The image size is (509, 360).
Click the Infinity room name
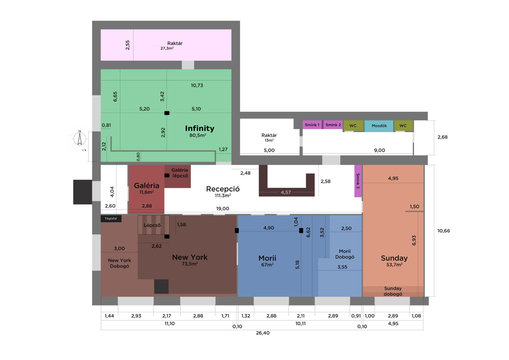[x=199, y=128]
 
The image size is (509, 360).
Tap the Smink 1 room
[x=312, y=125]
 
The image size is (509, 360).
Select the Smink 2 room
[x=333, y=125]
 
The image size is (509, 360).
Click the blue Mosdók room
[x=379, y=126]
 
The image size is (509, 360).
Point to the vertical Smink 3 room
[x=358, y=181]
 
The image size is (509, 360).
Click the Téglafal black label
[x=111, y=219]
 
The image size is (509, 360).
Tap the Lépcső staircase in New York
[x=153, y=225]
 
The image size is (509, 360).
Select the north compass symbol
[x=80, y=138]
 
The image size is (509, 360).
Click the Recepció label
[x=223, y=189]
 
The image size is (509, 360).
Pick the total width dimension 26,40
[x=263, y=333]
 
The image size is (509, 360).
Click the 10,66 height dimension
[x=443, y=231]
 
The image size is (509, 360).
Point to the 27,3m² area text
[x=167, y=48]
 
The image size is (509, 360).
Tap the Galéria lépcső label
[x=180, y=173]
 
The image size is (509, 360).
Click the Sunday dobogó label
[x=393, y=291]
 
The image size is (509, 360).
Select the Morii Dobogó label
[x=345, y=254]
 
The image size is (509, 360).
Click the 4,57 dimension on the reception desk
[x=286, y=193]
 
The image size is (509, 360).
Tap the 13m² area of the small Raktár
[x=269, y=141]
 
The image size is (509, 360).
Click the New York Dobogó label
[x=119, y=263]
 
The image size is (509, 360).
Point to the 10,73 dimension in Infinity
[x=197, y=86]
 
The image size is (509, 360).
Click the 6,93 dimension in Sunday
[x=414, y=241]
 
